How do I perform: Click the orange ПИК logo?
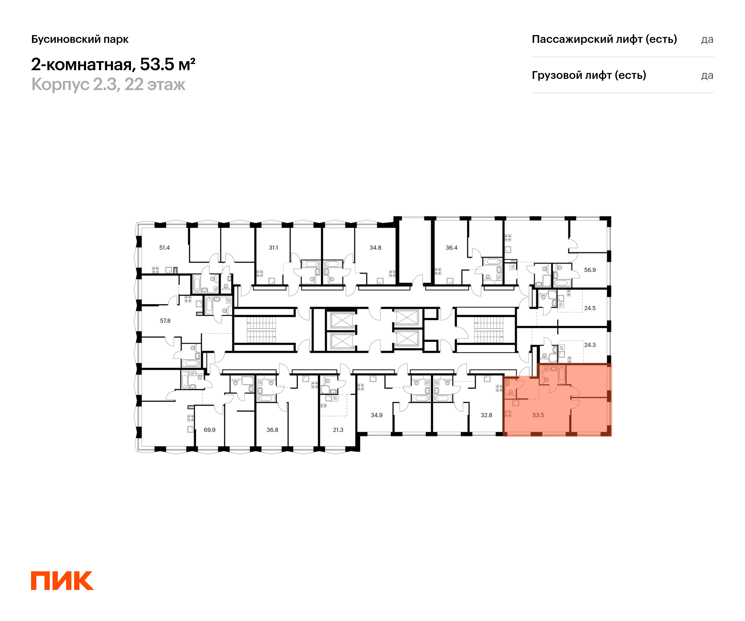click(62, 581)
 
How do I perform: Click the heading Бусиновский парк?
click(80, 39)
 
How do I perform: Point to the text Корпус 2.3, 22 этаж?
click(108, 84)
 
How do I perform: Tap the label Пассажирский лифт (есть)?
click(604, 39)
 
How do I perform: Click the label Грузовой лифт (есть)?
click(589, 75)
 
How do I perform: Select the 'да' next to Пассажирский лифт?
click(707, 39)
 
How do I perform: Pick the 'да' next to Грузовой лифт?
click(707, 75)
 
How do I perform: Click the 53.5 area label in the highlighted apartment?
click(538, 415)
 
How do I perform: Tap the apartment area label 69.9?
click(209, 430)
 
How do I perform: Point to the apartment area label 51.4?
click(164, 248)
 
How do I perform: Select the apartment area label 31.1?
click(273, 248)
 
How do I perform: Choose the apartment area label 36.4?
click(451, 248)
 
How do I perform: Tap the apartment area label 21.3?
click(338, 430)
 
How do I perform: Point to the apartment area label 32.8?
click(486, 415)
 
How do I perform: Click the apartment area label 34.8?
click(375, 248)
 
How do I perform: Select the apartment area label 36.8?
click(272, 430)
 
